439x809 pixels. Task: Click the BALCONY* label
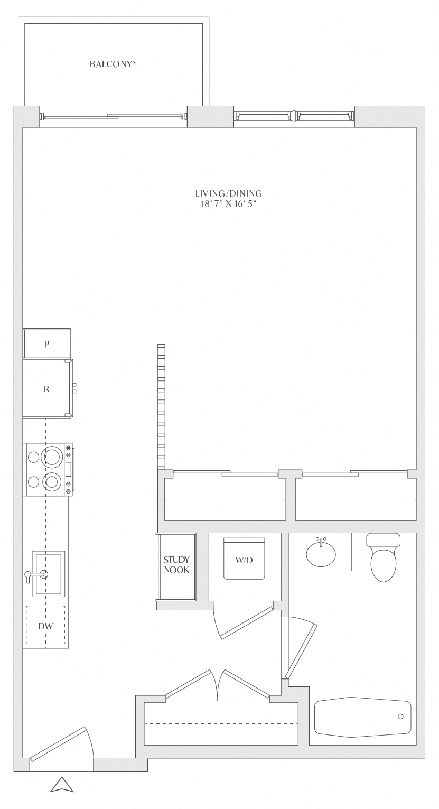tap(113, 64)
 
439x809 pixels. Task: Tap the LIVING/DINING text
tap(229, 193)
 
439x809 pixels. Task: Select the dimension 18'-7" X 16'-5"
tap(229, 203)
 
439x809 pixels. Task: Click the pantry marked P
tap(46, 343)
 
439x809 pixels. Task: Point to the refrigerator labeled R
tap(48, 388)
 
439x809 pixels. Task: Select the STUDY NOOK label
tap(176, 564)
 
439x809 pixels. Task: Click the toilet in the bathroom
tap(384, 557)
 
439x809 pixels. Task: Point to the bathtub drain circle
tap(400, 716)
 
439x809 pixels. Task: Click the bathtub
tap(362, 717)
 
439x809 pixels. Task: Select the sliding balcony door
tap(114, 116)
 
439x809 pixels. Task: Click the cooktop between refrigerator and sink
tap(49, 469)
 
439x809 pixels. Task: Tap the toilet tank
tap(384, 540)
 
